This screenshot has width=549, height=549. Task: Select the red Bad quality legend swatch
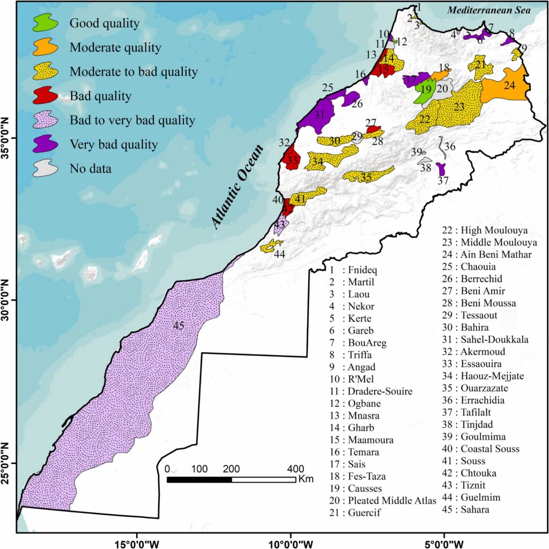pos(46,95)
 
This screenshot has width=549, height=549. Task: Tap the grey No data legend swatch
pos(46,168)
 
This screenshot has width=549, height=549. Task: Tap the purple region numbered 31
pos(316,115)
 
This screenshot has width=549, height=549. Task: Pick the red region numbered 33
pos(292,160)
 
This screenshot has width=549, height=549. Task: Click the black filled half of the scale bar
pos(199,479)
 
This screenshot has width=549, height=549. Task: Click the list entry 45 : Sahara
pos(465,509)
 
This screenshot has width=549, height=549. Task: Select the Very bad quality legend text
pos(114,144)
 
